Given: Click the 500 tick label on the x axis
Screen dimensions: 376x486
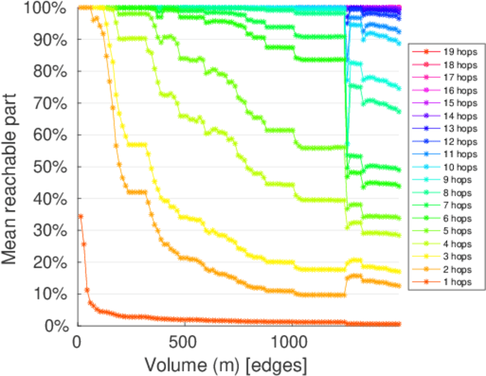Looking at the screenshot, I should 184,342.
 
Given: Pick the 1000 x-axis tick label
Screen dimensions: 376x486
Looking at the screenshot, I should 292,342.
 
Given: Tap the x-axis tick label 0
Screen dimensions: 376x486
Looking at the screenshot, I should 77,342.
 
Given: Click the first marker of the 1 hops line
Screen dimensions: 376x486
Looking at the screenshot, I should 80,216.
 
